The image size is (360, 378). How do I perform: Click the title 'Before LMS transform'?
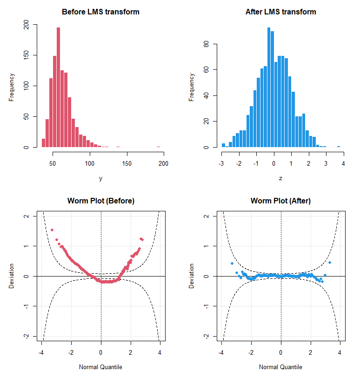click(100, 12)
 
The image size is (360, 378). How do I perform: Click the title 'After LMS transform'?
click(281, 12)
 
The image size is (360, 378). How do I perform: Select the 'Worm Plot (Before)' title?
click(101, 201)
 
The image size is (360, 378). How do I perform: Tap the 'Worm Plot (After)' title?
click(281, 201)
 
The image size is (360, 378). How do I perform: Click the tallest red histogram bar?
click(58, 87)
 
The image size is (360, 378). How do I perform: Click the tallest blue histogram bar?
click(269, 87)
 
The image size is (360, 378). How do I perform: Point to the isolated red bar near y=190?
click(158, 147)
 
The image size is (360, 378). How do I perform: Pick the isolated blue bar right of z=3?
click(339, 147)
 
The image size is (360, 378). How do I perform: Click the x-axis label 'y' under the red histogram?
click(100, 179)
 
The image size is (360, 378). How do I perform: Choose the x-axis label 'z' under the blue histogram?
click(280, 178)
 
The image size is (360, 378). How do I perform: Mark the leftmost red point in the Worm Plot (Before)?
click(52, 230)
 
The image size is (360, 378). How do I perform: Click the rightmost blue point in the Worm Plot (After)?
click(330, 263)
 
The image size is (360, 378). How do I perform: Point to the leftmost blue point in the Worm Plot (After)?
click(232, 263)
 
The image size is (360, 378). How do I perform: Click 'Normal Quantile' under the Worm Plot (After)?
click(280, 367)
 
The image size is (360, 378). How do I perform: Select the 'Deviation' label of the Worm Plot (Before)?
click(11, 276)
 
